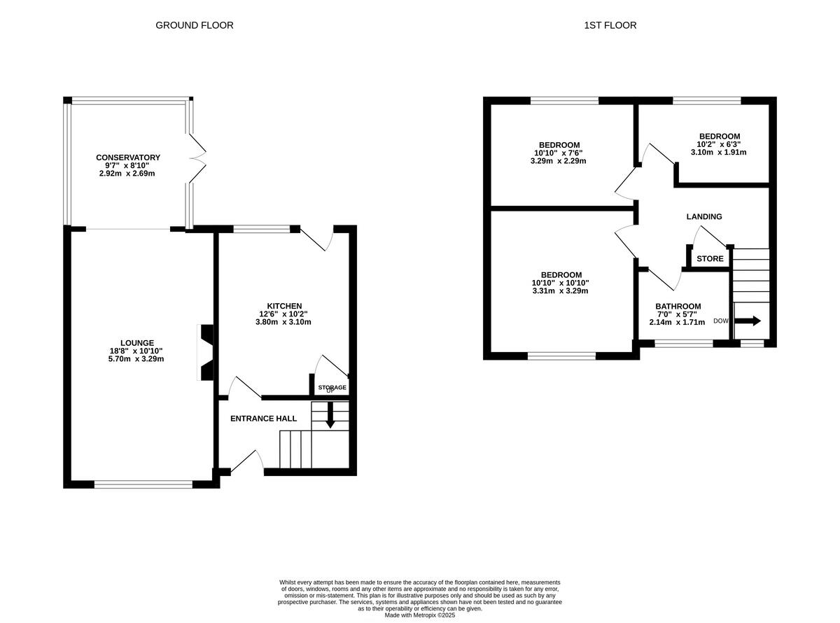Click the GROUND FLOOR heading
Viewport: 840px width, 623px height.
194,25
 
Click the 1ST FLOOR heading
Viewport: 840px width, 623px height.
610,25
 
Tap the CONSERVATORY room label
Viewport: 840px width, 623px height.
128,157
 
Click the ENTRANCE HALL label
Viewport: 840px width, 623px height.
264,419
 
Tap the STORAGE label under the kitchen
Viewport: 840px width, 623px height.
332,387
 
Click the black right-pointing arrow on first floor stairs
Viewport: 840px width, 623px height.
747,321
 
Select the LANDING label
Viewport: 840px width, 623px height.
703,217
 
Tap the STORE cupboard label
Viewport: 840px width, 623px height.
710,259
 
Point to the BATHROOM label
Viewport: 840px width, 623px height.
678,307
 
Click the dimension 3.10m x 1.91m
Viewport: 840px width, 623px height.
719,152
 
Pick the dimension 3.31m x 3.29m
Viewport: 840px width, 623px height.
561,291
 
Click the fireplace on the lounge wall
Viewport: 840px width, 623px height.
207,352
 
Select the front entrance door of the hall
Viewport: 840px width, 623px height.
246,462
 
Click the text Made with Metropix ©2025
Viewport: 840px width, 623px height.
420,615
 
